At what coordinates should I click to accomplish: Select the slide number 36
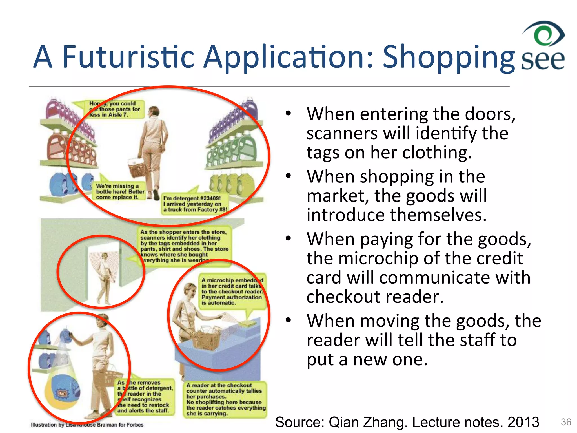[566, 422]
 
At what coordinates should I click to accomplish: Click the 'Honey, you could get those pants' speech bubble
[114, 109]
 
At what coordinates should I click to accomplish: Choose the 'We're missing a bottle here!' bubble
[120, 192]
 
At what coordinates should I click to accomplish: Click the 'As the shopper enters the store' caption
[185, 246]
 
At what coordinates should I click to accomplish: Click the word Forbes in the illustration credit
[135, 425]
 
